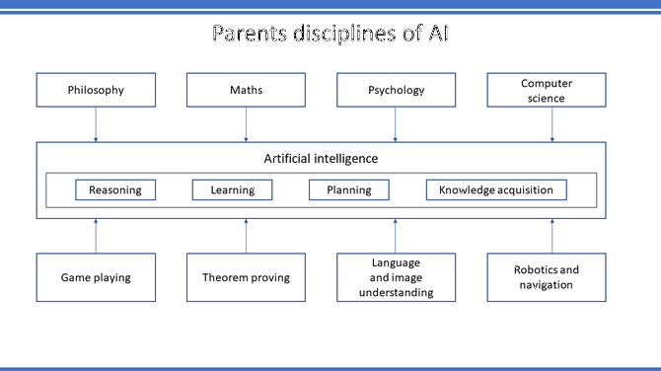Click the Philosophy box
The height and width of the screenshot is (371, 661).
[x=96, y=90]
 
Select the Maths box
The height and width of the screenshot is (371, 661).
[x=246, y=90]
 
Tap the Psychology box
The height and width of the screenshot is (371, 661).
[x=396, y=90]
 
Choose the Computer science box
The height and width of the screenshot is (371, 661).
[x=546, y=90]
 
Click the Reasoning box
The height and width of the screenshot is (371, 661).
[x=115, y=189]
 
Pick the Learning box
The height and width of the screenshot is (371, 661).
[x=232, y=189]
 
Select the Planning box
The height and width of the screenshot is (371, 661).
[x=350, y=189]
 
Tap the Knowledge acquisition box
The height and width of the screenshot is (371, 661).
[x=496, y=189]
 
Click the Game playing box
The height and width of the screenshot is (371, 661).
[x=96, y=277]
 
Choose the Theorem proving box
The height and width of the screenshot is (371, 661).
[x=246, y=277]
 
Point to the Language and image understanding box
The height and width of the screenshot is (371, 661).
[x=396, y=277]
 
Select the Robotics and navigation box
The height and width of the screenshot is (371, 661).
[x=546, y=277]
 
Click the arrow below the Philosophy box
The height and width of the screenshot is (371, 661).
[x=96, y=124]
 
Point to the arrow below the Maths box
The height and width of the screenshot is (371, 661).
[x=246, y=124]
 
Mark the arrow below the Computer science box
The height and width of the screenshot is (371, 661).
[x=551, y=124]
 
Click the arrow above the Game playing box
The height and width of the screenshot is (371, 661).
[x=96, y=235]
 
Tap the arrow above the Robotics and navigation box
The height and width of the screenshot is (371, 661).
[x=551, y=235]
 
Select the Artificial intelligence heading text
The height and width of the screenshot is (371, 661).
[x=321, y=158]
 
